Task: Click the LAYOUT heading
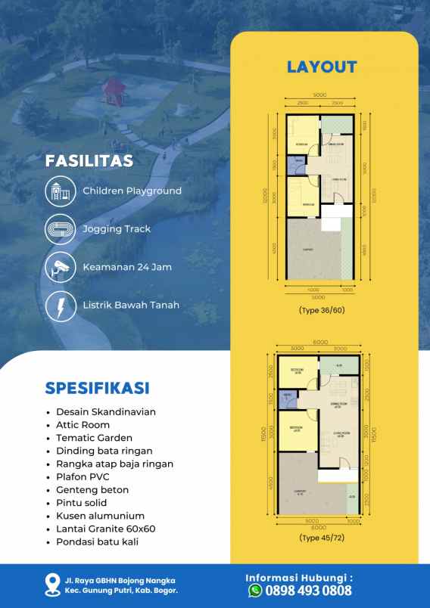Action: (322, 67)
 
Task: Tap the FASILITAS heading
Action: (89, 161)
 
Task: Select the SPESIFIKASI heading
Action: (97, 388)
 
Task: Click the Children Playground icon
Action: (58, 191)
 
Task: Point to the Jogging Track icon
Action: (58, 229)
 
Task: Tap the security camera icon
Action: (58, 267)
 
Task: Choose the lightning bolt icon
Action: (58, 306)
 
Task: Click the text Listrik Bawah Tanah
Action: (131, 306)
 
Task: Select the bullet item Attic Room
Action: (83, 425)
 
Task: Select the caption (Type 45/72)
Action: (321, 538)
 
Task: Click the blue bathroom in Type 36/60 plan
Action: (298, 160)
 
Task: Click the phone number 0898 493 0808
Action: (308, 591)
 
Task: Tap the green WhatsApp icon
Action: (255, 591)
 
